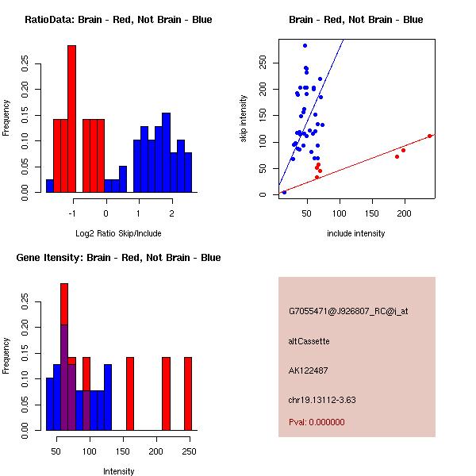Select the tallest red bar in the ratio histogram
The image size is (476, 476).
pyautogui.click(x=71, y=119)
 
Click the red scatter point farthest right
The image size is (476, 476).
pyautogui.click(x=429, y=136)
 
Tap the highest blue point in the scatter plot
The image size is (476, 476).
pyautogui.click(x=305, y=46)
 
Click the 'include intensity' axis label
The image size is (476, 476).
pyautogui.click(x=356, y=233)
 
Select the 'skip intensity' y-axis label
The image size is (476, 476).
pyautogui.click(x=244, y=119)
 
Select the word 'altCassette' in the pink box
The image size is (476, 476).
pyautogui.click(x=309, y=341)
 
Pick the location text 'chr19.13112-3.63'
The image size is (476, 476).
pyautogui.click(x=322, y=400)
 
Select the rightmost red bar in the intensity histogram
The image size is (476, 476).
pyautogui.click(x=188, y=393)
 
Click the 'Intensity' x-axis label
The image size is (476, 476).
pyautogui.click(x=119, y=471)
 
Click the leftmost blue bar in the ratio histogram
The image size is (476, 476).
pyautogui.click(x=49, y=186)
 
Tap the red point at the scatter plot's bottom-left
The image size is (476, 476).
pyautogui.click(x=284, y=192)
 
